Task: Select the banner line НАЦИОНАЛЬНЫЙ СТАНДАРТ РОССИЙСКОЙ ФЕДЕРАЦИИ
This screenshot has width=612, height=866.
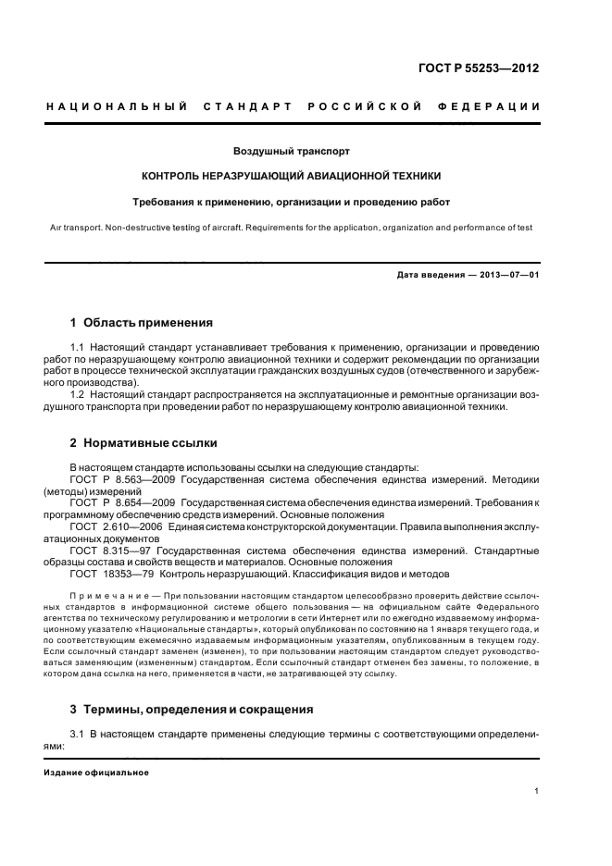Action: tap(293, 107)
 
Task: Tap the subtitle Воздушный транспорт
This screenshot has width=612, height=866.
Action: tap(292, 150)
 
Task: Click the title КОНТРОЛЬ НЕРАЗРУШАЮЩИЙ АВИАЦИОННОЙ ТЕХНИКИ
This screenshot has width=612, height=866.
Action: tap(292, 175)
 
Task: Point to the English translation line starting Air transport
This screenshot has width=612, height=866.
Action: tap(292, 226)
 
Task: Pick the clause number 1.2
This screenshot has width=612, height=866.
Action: tap(78, 394)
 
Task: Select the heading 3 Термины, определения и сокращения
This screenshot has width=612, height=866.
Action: tap(193, 710)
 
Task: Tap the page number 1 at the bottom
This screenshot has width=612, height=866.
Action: tap(537, 791)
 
